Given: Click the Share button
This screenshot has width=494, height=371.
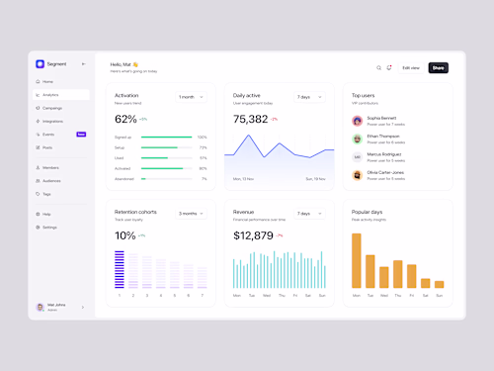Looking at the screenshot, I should click(x=439, y=67).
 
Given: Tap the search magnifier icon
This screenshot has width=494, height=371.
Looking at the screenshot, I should click(x=378, y=67).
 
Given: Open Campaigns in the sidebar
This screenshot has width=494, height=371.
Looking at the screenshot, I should click(x=52, y=108).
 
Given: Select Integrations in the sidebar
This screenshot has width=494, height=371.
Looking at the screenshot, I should click(x=52, y=121).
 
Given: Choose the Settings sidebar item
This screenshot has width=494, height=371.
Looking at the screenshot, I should click(x=49, y=227).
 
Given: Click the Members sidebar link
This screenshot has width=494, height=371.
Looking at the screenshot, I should click(x=50, y=167).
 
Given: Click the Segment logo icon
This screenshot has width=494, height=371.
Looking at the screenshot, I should click(x=41, y=63).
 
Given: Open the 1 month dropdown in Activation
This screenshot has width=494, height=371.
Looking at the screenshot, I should click(x=190, y=97).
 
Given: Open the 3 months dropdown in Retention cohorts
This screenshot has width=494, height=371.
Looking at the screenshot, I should click(x=190, y=213).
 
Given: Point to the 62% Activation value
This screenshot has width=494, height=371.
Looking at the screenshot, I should click(x=125, y=119).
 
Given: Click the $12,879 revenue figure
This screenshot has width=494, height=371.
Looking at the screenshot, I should click(x=253, y=235).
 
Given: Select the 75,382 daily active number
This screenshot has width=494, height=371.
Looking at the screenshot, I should click(x=250, y=119).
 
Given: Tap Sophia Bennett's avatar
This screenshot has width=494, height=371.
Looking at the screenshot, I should click(x=357, y=121).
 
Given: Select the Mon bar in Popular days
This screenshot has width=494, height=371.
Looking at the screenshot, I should click(x=357, y=260).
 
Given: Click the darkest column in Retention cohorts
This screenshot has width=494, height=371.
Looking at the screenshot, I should click(x=120, y=269).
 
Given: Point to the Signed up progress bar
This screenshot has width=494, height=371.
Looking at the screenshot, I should click(x=167, y=138).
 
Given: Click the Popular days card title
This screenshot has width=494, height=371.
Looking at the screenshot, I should click(x=368, y=212).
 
